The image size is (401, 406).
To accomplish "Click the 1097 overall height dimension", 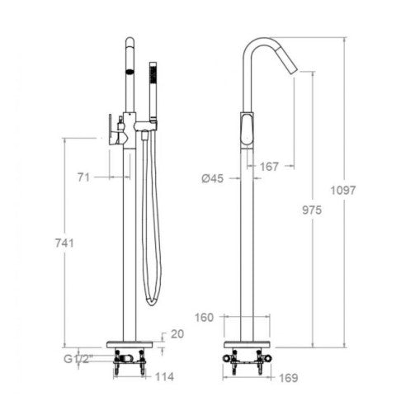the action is coord(342,191).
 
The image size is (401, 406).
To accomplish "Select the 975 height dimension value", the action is coord(312,210).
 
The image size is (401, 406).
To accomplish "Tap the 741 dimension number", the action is coord(64,243).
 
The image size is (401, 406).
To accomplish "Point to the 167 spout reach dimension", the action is coord(269,167).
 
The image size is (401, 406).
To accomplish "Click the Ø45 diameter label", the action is coord(213,179).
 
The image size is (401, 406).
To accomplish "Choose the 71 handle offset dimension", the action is coord(83,177).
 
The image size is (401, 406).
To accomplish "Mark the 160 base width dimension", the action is coord(204,318).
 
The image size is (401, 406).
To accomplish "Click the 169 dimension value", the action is coord(289,378).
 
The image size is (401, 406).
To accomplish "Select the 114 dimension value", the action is coord(165,377).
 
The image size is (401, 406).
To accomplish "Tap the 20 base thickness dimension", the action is coord(177,334).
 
